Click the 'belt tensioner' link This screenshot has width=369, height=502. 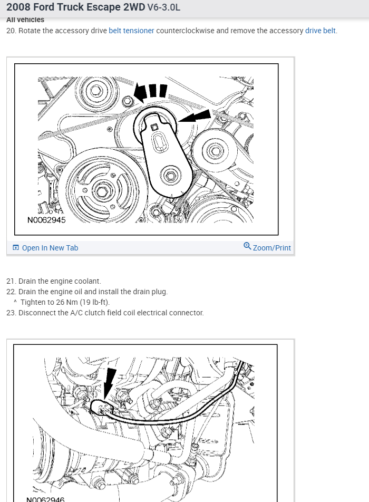(x=131, y=31)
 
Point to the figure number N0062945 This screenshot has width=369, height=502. (x=47, y=220)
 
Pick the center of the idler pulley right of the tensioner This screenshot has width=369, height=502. (x=215, y=152)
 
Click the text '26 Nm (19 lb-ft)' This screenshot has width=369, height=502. (x=65, y=302)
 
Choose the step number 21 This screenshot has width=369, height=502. (x=11, y=281)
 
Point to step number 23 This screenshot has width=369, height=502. (x=11, y=313)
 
